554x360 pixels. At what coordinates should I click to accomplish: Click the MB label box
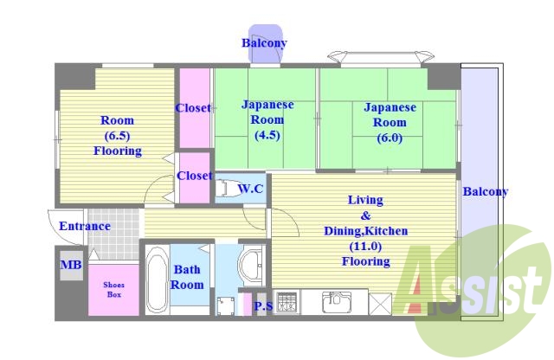tap(71, 265)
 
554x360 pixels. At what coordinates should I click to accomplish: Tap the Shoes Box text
tap(113, 289)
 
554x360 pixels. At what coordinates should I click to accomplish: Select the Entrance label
tap(85, 226)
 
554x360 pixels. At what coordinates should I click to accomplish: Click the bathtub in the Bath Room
tap(157, 280)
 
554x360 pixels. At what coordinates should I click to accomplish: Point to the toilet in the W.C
tap(226, 188)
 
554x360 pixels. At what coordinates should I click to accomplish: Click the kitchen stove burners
tap(287, 302)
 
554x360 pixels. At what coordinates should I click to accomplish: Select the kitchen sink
tap(337, 302)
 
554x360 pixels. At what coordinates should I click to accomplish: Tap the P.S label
tap(263, 305)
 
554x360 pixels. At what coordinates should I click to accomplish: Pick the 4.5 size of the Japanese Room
tap(267, 135)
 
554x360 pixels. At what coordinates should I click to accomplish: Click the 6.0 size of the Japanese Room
tap(390, 138)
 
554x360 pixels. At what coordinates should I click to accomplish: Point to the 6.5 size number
tap(118, 136)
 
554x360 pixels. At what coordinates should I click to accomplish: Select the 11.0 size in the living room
tap(365, 247)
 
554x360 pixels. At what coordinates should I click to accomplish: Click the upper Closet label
tap(193, 108)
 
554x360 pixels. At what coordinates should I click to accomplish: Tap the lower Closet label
tap(194, 176)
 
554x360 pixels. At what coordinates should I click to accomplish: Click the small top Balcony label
tap(264, 43)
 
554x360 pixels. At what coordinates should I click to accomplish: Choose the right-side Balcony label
tap(486, 191)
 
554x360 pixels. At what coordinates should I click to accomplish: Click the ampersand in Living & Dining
tap(365, 215)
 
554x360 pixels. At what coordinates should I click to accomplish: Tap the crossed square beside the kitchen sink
tap(380, 304)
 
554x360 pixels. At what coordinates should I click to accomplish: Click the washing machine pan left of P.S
tap(225, 306)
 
